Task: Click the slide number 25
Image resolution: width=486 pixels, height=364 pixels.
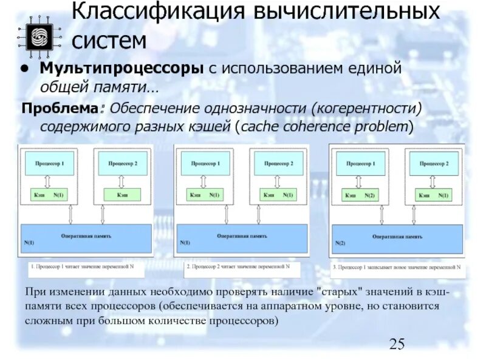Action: tap(397, 344)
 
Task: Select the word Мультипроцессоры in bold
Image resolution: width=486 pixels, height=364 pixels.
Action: tap(122, 69)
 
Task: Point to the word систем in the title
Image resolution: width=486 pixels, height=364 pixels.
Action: tap(109, 41)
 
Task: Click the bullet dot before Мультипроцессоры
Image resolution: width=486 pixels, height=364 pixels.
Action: tap(27, 69)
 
